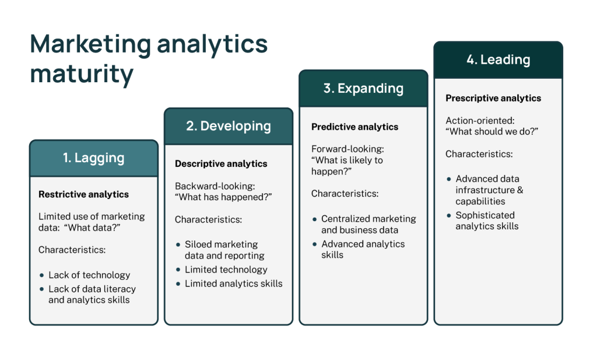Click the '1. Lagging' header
[94, 158]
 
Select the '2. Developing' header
[229, 126]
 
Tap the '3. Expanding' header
[363, 88]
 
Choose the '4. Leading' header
[498, 60]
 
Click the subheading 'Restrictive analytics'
[84, 194]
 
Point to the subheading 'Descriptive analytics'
[221, 164]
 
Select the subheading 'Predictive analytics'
[355, 127]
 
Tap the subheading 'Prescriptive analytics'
[493, 98]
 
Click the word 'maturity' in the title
[82, 74]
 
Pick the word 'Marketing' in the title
[90, 44]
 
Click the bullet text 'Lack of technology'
[89, 275]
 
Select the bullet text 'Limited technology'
[226, 270]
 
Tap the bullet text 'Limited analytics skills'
[234, 284]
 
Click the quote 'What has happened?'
[223, 197]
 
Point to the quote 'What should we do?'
[492, 131]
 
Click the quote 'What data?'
[92, 228]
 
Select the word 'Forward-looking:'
[347, 149]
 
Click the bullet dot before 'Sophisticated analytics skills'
[449, 216]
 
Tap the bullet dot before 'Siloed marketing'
[178, 244]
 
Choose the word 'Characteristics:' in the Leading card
[479, 154]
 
